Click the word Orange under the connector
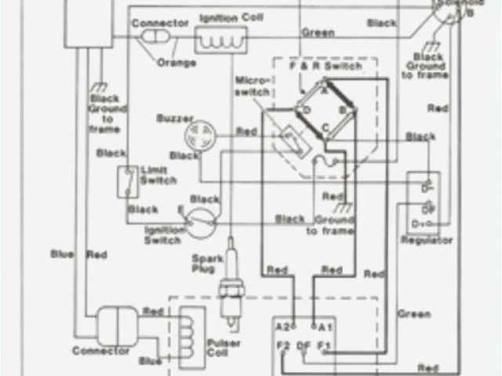181,62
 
